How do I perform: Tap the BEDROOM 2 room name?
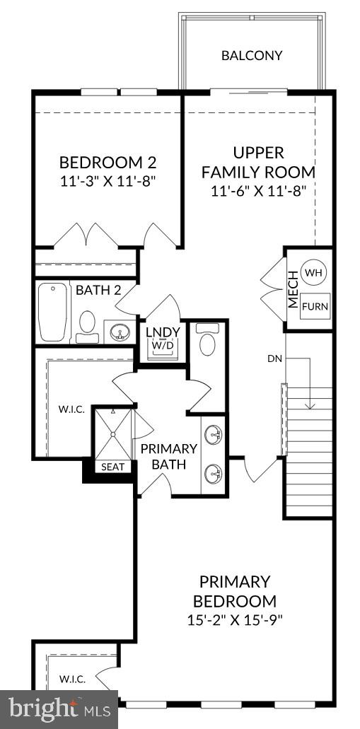point(107,161)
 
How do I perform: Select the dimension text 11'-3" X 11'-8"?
point(107,180)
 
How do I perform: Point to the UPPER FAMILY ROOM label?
point(258,162)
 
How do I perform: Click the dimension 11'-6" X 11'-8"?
point(257,190)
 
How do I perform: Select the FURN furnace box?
point(315,306)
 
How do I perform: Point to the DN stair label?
point(275,358)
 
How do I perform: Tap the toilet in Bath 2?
point(88,322)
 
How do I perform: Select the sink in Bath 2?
point(118,332)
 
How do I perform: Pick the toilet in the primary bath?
point(208,341)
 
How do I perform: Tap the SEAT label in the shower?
point(112,467)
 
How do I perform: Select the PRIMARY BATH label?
point(168,456)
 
